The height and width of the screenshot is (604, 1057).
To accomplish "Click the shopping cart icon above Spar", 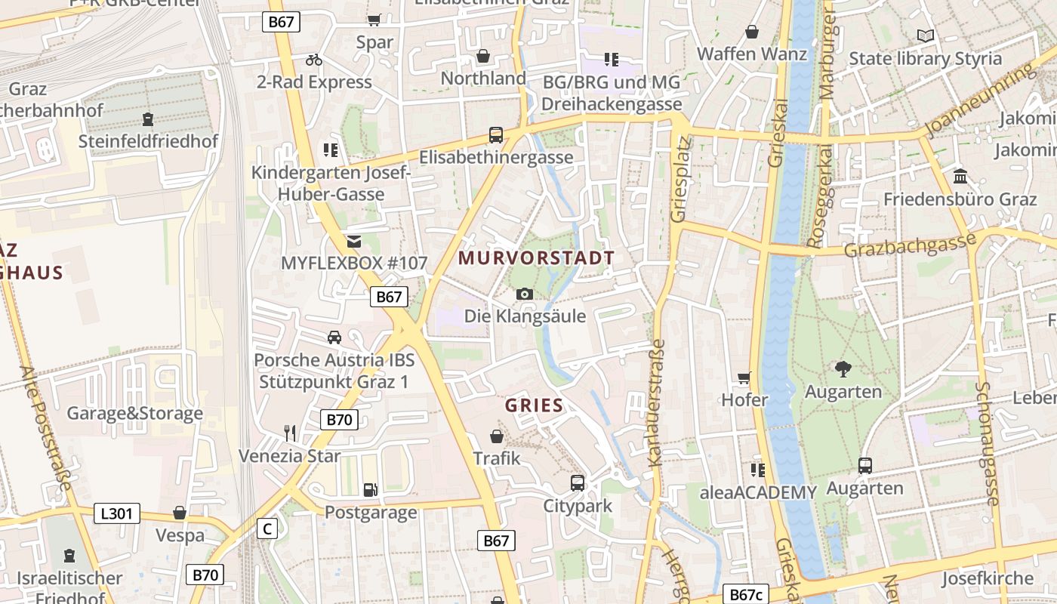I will (374, 20).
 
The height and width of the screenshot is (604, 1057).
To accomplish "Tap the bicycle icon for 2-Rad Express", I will (314, 60).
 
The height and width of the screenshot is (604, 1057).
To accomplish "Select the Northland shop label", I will (483, 79).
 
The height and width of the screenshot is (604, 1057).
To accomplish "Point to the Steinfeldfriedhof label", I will (148, 141).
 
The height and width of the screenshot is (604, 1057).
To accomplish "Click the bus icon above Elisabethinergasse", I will (496, 135).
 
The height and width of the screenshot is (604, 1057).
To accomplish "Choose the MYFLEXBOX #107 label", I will (354, 263).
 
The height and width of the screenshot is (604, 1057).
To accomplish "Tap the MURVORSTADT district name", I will (536, 258).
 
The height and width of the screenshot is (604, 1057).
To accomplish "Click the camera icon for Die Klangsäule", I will (525, 294).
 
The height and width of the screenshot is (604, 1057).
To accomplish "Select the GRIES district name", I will (535, 405).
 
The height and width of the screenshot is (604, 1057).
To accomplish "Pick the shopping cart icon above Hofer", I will (744, 378).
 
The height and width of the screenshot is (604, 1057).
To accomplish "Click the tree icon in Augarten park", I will (843, 369).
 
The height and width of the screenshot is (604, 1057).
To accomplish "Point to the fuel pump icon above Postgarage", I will (370, 490).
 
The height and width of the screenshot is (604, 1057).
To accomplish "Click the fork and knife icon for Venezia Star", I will (290, 433).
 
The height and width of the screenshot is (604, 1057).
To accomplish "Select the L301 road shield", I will (117, 514).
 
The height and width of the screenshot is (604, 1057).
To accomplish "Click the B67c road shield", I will (745, 594).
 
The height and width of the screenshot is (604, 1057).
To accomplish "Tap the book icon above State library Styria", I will (926, 35).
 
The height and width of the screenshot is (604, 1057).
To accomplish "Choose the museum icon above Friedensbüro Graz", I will (961, 177).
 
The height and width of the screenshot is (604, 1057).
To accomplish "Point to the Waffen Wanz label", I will (752, 54).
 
